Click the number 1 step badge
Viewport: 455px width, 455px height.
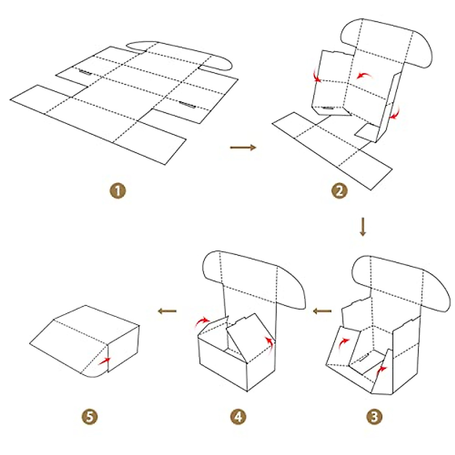coord(118,190)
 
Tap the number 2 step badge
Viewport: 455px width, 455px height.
coord(339,190)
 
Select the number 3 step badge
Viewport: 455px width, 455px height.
coord(374,417)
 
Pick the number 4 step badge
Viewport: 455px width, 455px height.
coord(238,417)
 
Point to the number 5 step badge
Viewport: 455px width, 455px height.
coord(89,417)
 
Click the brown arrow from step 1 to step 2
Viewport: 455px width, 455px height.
coord(243,147)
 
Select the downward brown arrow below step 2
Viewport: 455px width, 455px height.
coord(363,227)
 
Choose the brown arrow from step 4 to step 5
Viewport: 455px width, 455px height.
coord(167,311)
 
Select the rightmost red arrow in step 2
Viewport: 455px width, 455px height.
coord(396,113)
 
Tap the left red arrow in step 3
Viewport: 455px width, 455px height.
coord(344,342)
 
